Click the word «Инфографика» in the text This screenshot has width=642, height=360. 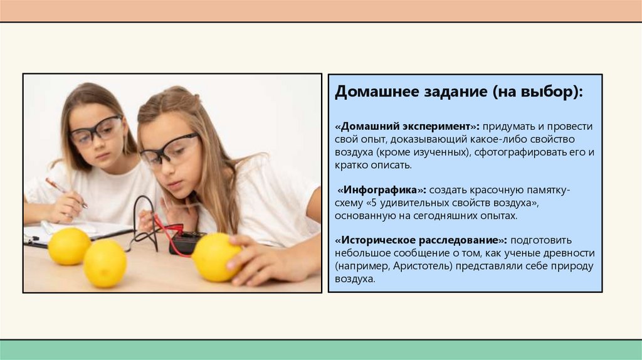coord(382,189)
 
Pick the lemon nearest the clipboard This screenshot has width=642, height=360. coord(69,246)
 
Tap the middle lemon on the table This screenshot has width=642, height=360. coord(105,263)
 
